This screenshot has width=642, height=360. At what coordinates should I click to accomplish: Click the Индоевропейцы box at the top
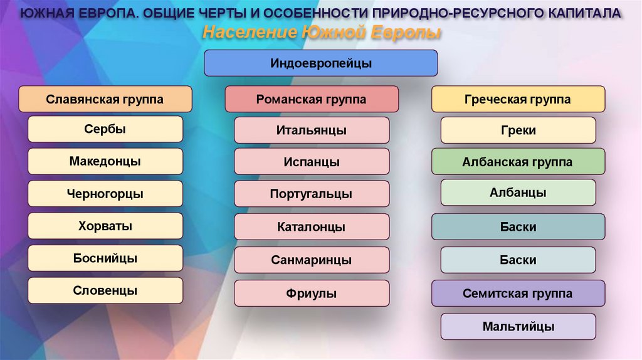pyautogui.click(x=320, y=63)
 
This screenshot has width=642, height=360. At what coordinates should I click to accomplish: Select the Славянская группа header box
pyautogui.click(x=105, y=99)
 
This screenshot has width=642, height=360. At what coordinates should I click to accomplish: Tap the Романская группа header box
pyautogui.click(x=312, y=99)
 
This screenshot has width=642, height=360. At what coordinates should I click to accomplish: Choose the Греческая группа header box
pyautogui.click(x=518, y=99)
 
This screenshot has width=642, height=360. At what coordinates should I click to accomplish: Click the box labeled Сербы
pyautogui.click(x=105, y=129)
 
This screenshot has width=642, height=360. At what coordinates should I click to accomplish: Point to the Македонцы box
pyautogui.click(x=105, y=161)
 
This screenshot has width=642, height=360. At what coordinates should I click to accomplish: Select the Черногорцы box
pyautogui.click(x=105, y=194)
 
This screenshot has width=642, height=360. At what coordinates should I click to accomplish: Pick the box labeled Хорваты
pyautogui.click(x=105, y=226)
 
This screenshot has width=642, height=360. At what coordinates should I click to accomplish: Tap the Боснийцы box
pyautogui.click(x=105, y=258)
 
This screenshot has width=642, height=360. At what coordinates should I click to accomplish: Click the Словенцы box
pyautogui.click(x=105, y=290)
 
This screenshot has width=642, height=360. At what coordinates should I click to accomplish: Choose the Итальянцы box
pyautogui.click(x=312, y=130)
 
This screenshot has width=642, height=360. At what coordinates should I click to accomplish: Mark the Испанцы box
pyautogui.click(x=312, y=162)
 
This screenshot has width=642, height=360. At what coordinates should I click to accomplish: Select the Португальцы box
pyautogui.click(x=312, y=194)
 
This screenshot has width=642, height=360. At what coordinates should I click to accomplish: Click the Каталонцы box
pyautogui.click(x=312, y=227)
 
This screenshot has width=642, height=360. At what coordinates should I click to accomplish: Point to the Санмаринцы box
pyautogui.click(x=312, y=260)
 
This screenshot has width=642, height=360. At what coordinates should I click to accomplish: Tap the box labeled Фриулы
pyautogui.click(x=312, y=293)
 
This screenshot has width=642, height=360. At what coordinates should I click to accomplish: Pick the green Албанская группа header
pyautogui.click(x=518, y=162)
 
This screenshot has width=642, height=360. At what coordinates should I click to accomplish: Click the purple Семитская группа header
pyautogui.click(x=518, y=294)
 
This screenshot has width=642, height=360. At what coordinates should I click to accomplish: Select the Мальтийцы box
pyautogui.click(x=518, y=326)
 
